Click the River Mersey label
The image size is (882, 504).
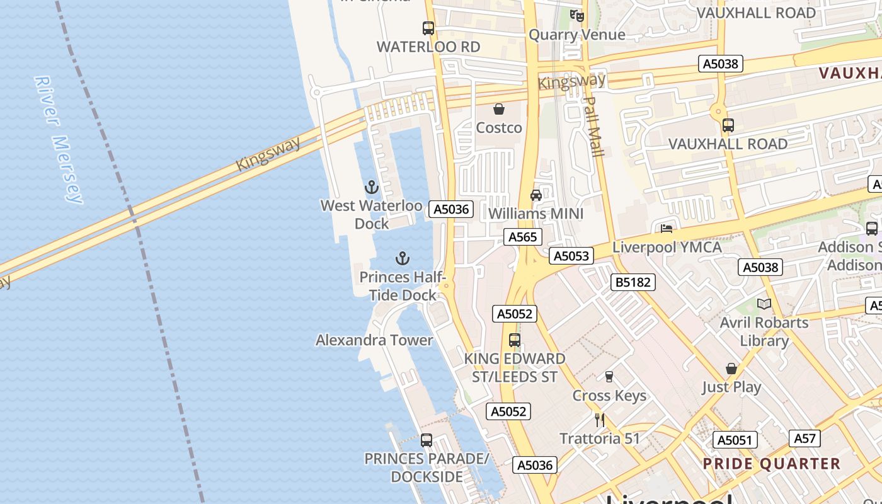pos(59,140)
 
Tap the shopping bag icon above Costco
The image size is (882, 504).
pos(499,109)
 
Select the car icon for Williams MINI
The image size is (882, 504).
pos(536,195)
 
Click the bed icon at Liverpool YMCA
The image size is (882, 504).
pos(667,228)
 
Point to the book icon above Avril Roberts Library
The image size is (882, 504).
pos(764,304)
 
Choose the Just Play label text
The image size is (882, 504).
pos(732,387)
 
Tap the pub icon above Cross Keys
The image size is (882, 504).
pos(609,377)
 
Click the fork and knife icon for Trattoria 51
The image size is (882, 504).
pos(600,420)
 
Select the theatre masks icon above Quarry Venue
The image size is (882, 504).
pos(577,16)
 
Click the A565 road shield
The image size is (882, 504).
pos(523,237)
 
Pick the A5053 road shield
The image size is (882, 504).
pos(571,255)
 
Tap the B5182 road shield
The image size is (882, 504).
pos(633,282)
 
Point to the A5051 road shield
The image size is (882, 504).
pos(735,440)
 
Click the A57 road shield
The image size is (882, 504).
pos(805,438)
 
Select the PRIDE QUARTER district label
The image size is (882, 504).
pos(771,464)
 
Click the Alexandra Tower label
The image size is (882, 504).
pos(374,340)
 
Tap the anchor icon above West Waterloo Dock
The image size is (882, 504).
pos(371,187)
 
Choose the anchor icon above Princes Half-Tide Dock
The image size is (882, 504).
pos(402,258)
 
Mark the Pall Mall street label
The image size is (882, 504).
pos(593,127)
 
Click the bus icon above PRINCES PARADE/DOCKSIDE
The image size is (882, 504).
pos(427,440)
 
